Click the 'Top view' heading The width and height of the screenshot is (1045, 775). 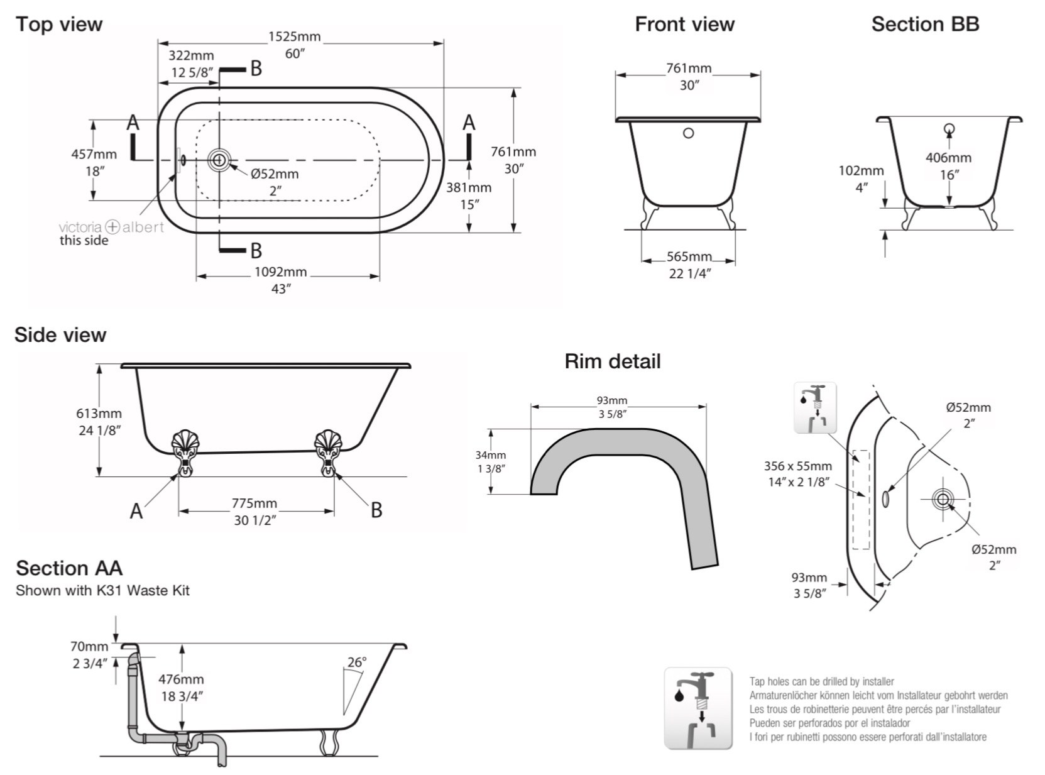click(x=58, y=25)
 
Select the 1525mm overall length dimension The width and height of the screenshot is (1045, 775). click(x=294, y=37)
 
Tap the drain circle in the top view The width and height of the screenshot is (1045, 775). click(x=219, y=160)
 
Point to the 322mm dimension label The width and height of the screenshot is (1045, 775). click(x=191, y=56)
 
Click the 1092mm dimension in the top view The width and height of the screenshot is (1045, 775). click(x=280, y=272)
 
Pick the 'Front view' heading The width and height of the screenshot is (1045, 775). click(x=684, y=25)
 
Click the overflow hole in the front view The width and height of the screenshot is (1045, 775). click(x=688, y=133)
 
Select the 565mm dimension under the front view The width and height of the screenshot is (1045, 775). click(x=689, y=257)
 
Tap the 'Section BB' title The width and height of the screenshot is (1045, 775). click(x=925, y=25)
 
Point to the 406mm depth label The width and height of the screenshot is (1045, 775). click(x=948, y=158)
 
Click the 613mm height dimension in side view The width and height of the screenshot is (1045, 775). click(x=99, y=414)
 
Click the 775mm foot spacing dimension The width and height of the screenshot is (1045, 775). click(x=254, y=503)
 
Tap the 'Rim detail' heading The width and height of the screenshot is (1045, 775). click(x=612, y=361)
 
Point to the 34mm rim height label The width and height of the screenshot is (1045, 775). click(x=490, y=455)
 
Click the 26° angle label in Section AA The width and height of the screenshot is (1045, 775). click(x=357, y=662)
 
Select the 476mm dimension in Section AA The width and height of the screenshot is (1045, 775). click(x=181, y=679)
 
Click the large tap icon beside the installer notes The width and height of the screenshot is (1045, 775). click(x=698, y=708)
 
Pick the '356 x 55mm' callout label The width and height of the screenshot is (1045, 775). click(x=797, y=466)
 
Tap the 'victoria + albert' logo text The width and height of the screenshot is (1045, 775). click(x=111, y=227)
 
